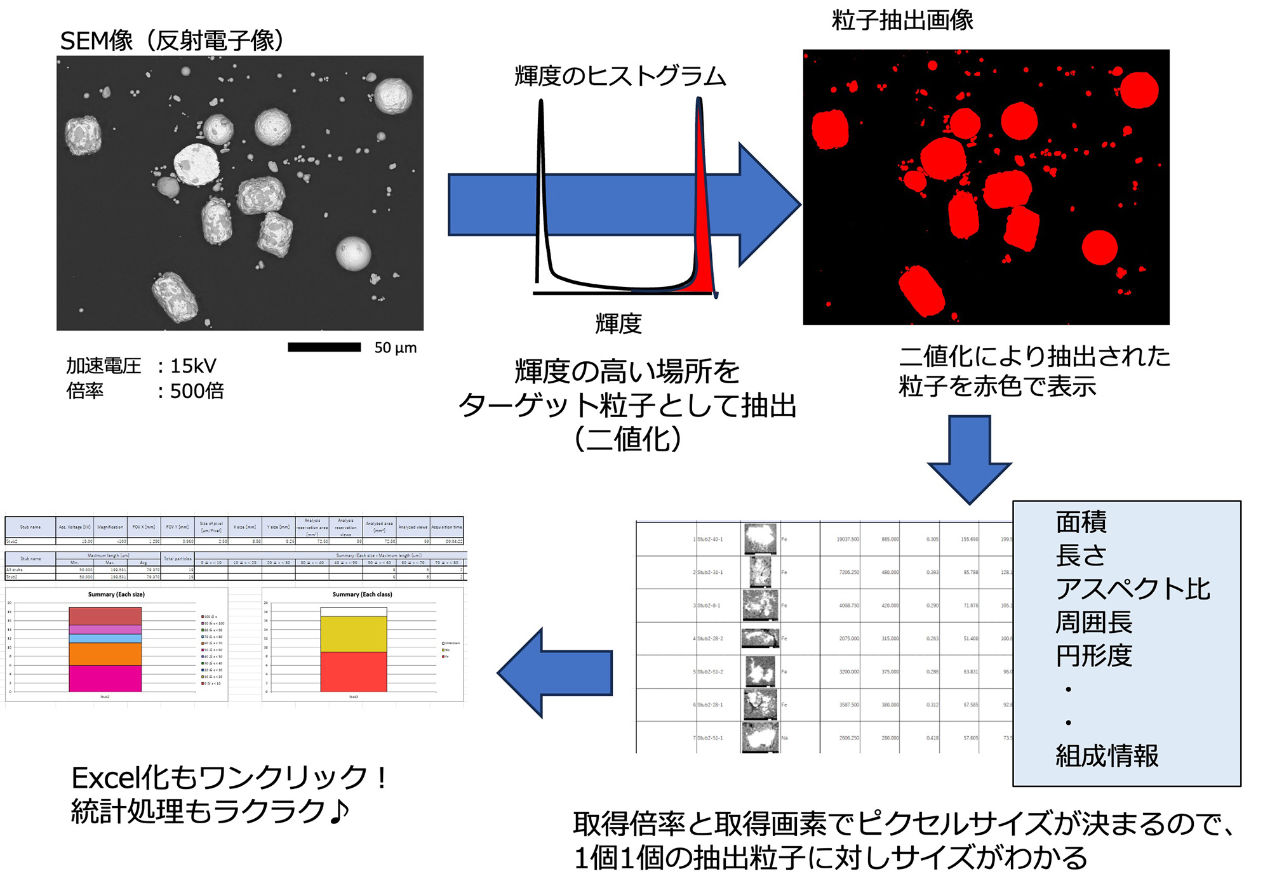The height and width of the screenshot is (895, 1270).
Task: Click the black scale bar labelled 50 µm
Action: pos(324,347)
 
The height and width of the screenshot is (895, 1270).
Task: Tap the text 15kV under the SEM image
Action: pos(193,366)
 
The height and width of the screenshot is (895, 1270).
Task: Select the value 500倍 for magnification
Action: pos(197,391)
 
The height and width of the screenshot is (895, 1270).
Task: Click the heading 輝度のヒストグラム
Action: pos(620,76)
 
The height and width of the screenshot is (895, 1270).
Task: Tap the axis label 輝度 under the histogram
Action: pos(618,324)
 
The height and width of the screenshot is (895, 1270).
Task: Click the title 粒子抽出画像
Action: pos(902,20)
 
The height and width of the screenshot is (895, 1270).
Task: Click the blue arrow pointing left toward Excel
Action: pos(556,673)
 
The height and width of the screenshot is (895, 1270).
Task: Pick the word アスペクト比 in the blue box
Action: pos(1133,589)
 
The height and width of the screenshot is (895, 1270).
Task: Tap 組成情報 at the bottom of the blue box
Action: pos(1107,756)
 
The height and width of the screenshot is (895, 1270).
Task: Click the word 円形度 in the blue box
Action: pos(1094,656)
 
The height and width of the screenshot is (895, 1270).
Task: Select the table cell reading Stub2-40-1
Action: pos(710,540)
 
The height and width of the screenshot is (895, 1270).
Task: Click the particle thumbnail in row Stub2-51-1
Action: pos(760,737)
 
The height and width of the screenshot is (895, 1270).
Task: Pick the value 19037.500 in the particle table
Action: pos(848,540)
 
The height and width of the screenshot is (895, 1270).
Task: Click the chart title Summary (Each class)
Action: pos(362,595)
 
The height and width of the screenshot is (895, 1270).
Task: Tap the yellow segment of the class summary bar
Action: pos(354,634)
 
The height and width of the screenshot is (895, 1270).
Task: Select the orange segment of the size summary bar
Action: pos(105,654)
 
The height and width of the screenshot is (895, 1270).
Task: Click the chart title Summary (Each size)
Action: pos(116,595)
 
